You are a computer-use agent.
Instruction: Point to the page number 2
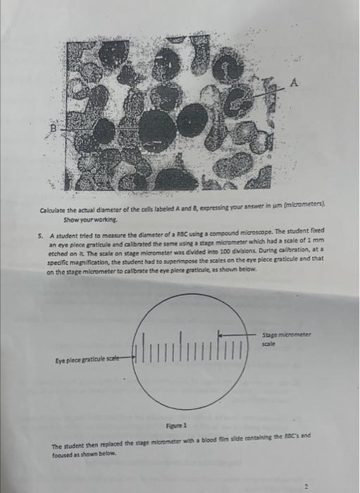click(x=306, y=485)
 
